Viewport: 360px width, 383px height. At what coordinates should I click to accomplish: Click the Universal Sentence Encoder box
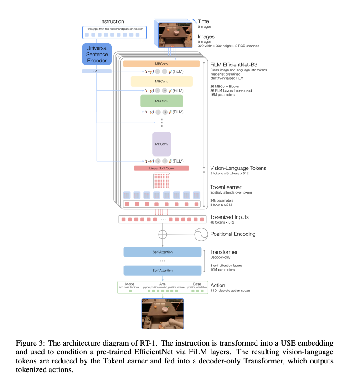coord(97,54)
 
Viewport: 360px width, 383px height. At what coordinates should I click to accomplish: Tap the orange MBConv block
coord(161,64)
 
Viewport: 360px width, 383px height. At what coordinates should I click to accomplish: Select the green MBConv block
coord(161,101)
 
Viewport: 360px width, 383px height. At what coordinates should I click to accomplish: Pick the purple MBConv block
coord(161,144)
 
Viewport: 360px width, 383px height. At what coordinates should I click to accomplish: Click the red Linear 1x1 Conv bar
coord(161,168)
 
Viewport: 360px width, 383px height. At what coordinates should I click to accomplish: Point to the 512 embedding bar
coord(97,71)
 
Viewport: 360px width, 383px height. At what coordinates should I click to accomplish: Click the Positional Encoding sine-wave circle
coord(201,234)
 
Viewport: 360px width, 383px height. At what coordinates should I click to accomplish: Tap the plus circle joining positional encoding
coord(162,235)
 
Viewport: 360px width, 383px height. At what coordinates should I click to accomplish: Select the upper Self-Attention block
coord(162,252)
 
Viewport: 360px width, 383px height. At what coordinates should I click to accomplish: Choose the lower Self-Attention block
coord(162,271)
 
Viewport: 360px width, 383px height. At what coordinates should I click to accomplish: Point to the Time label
coord(204,21)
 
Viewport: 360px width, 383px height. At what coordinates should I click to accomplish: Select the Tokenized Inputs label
coord(229,217)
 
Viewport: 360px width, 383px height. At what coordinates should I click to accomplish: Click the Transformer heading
coord(224,252)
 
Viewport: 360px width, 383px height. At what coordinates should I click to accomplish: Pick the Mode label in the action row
coord(130,284)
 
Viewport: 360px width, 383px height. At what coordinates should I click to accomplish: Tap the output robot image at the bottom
coord(162,313)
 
